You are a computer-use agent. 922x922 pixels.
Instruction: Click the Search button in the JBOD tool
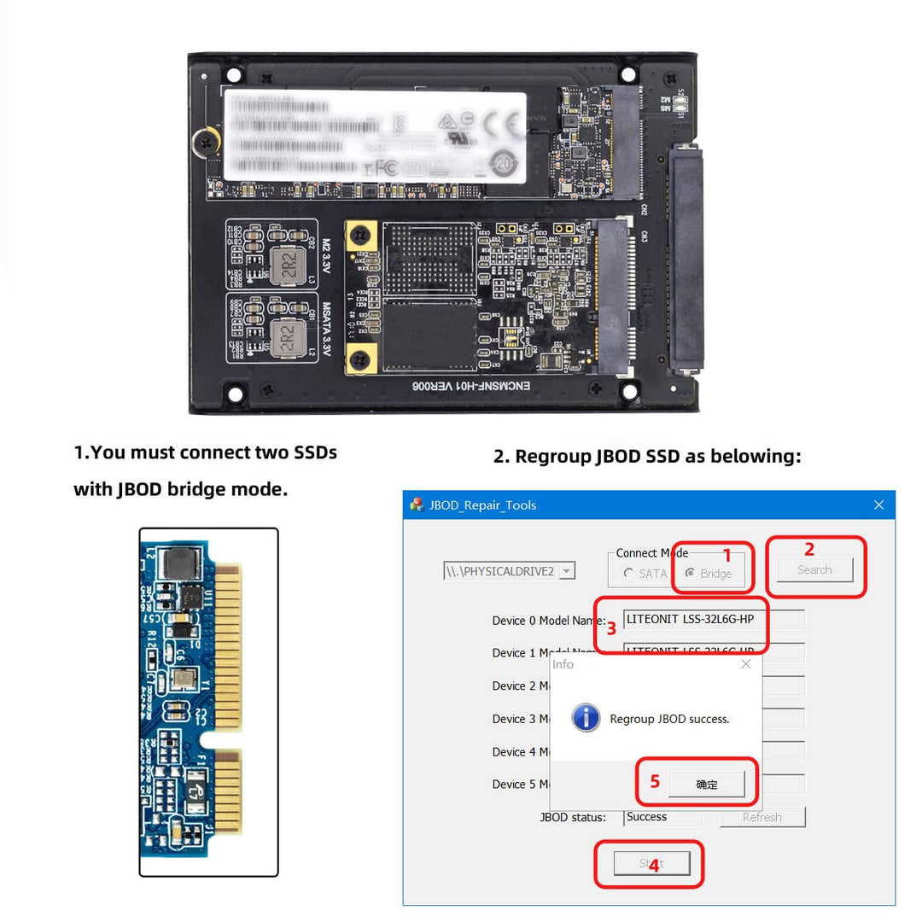814,570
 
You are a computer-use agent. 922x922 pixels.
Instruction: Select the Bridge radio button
691,574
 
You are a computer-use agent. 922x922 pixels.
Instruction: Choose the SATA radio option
629,574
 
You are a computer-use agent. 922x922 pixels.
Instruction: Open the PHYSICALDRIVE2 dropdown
567,571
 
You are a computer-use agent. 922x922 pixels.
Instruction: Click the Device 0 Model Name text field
713,619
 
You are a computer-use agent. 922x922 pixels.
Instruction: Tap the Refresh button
762,817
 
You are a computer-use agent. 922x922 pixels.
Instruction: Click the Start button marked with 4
651,863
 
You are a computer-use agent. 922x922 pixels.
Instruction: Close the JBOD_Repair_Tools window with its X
878,505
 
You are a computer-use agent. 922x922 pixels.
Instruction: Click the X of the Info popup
745,664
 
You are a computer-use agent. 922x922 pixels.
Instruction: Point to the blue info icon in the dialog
586,717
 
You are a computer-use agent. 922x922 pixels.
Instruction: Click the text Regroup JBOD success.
669,719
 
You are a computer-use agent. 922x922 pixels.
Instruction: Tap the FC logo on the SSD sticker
386,168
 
